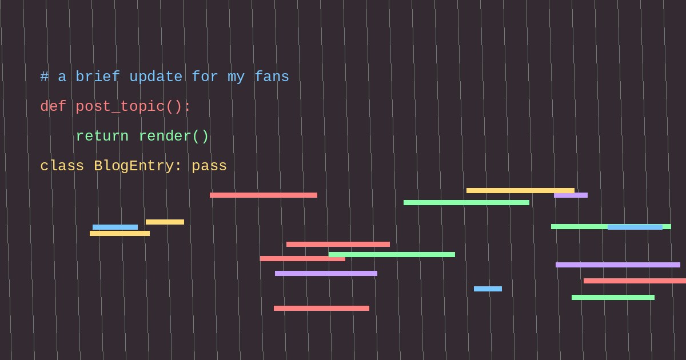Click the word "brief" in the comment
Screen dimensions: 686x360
pyautogui.click(x=98, y=77)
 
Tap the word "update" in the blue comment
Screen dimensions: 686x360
pyautogui.click(x=156, y=77)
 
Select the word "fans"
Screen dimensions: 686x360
pyautogui.click(x=272, y=77)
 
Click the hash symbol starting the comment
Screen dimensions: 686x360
pyautogui.click(x=45, y=77)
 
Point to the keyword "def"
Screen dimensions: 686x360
pyautogui.click(x=53, y=106)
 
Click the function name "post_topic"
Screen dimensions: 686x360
pyautogui.click(x=119, y=107)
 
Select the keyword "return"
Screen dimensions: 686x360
pyautogui.click(x=102, y=136)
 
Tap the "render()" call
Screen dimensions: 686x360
pyautogui.click(x=174, y=136)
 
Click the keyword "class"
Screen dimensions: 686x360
pyautogui.click(x=62, y=166)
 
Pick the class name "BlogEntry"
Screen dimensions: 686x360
pyautogui.click(x=134, y=166)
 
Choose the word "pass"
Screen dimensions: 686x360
pyautogui.click(x=209, y=166)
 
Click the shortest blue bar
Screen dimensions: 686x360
pyautogui.click(x=488, y=289)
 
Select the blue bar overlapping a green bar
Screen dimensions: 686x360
pyautogui.click(x=635, y=227)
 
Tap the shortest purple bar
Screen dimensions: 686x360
pyautogui.click(x=571, y=195)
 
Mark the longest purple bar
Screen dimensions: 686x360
pyautogui.click(x=618, y=265)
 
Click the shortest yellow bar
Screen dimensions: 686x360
pyautogui.click(x=165, y=222)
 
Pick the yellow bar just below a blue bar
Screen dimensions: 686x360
pyautogui.click(x=119, y=233)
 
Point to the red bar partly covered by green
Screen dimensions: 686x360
pyautogui.click(x=302, y=259)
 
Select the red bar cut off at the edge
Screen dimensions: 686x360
pyautogui.click(x=635, y=281)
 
